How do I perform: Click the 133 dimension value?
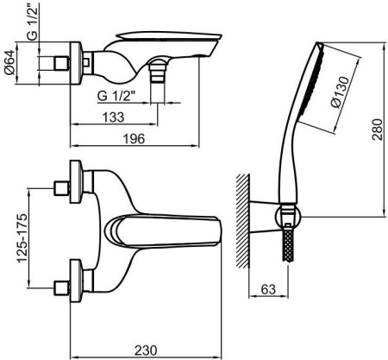[114, 117]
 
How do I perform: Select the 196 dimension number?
[134, 139]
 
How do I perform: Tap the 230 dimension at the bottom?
[146, 351]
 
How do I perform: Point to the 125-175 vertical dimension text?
[22, 238]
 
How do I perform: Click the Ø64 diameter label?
[9, 62]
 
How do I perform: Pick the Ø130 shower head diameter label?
[341, 92]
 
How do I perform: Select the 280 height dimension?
[378, 129]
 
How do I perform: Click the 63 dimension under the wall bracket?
[268, 289]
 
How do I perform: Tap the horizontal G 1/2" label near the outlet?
[116, 96]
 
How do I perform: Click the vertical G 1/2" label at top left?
[33, 22]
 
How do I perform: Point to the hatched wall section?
[242, 221]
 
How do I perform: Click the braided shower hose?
[288, 244]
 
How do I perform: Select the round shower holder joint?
[288, 218]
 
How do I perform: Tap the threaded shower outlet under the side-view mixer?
[158, 74]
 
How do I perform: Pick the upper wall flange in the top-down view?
[77, 181]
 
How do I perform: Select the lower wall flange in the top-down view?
[77, 281]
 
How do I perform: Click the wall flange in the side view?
[76, 63]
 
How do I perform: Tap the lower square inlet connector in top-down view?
[62, 287]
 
